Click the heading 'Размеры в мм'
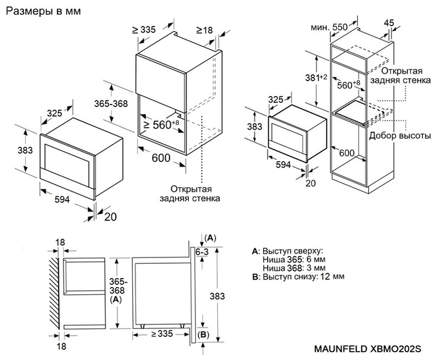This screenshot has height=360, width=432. (x=40, y=12)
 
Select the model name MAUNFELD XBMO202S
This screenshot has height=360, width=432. (x=372, y=349)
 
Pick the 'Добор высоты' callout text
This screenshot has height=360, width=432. (x=400, y=136)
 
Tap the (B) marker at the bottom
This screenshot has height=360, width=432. (x=203, y=334)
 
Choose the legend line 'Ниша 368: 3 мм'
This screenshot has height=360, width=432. (x=294, y=268)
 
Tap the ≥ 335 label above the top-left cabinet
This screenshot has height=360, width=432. (x=144, y=30)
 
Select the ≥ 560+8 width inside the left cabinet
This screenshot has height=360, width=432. (x=161, y=124)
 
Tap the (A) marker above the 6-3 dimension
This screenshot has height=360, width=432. (x=210, y=238)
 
